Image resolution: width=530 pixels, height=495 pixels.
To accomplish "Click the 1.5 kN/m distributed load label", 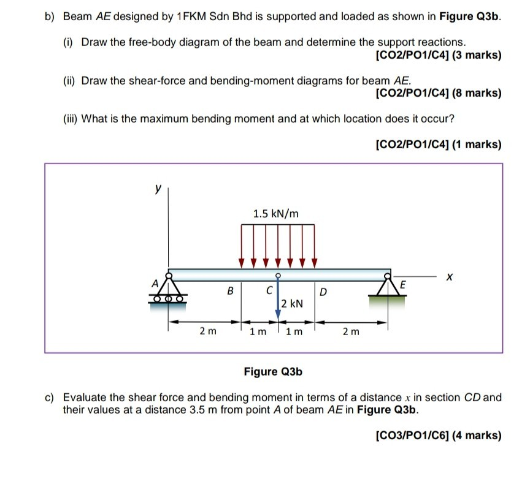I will [276, 214].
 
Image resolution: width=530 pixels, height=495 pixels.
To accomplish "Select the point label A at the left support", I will [155, 282].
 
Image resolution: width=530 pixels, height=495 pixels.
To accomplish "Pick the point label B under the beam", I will [231, 291].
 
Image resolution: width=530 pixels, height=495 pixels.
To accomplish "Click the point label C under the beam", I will [268, 291].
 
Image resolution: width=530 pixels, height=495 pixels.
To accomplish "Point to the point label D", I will [323, 291].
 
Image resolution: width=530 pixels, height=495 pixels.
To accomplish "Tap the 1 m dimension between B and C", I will [258, 331].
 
